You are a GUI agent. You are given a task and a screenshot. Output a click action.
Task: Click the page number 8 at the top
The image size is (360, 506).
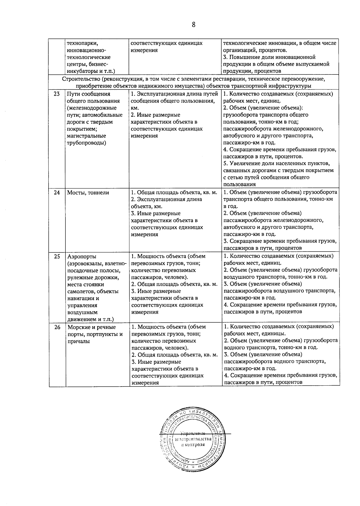193,25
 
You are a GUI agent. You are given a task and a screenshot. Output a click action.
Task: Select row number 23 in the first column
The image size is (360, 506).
57,94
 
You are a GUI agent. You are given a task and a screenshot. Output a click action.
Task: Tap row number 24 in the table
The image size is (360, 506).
57,193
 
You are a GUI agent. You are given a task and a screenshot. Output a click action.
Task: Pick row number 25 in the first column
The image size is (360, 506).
57,257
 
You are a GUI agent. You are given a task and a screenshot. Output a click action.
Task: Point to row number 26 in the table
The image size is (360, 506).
57,327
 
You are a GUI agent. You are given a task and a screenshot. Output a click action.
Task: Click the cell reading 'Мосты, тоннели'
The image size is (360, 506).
88,193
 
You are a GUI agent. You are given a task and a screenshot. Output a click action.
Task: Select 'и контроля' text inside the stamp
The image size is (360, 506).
193,444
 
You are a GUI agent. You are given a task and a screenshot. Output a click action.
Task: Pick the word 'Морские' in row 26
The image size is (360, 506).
79,327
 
